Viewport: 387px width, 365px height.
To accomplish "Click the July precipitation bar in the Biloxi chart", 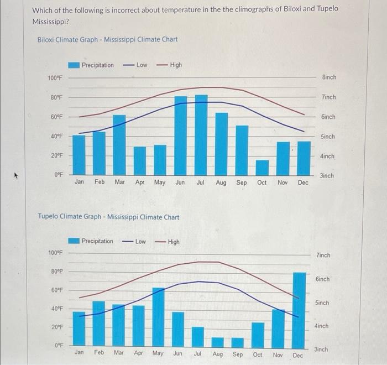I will click(x=201, y=135).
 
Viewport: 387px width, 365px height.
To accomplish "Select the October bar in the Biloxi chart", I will click(x=262, y=168).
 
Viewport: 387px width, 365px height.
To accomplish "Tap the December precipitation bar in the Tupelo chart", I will click(x=299, y=309).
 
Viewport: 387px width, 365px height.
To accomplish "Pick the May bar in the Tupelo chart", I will click(x=158, y=317).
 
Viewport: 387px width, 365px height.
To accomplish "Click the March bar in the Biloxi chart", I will click(x=119, y=145).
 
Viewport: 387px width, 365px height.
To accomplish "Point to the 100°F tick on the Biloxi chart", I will click(x=55, y=78).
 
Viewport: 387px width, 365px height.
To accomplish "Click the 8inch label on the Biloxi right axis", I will click(x=328, y=77).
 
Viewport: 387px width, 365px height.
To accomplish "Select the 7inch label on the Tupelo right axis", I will click(x=322, y=255).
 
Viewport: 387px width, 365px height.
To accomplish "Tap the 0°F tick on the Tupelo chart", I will click(x=59, y=345).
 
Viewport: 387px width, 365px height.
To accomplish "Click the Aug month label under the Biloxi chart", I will click(x=221, y=182).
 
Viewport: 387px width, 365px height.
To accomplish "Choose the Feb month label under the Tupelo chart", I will click(x=99, y=353).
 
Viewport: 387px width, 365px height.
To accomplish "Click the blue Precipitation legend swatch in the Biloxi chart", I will click(x=74, y=65).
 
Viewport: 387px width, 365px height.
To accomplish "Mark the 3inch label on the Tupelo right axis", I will click(x=321, y=350).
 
